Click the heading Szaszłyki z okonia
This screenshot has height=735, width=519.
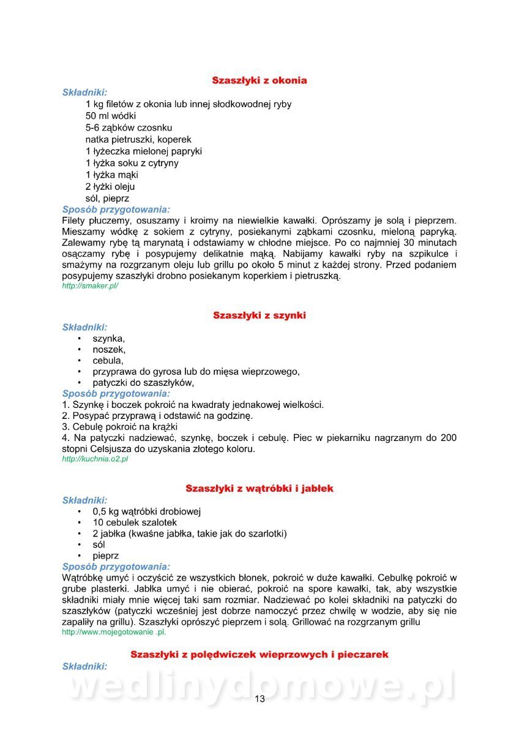(x=259, y=80)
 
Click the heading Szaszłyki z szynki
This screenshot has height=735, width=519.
(x=259, y=315)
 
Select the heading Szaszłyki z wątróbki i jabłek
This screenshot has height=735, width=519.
(x=259, y=488)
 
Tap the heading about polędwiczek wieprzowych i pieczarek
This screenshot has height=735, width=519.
(x=259, y=655)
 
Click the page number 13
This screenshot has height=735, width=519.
(x=259, y=699)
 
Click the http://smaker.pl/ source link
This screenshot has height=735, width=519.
(x=90, y=286)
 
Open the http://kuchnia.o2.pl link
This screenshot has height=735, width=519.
(x=95, y=459)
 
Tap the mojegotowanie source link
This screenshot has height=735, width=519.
(x=114, y=631)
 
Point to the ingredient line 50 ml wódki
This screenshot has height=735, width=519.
(x=111, y=116)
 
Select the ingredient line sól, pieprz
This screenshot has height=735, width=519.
(x=107, y=198)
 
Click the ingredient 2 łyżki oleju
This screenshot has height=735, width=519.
(x=110, y=186)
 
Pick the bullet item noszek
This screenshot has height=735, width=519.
(x=109, y=349)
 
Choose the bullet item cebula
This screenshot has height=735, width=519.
(x=108, y=361)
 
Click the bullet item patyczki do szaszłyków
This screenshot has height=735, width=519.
(x=143, y=383)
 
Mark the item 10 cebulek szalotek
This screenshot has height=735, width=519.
(x=135, y=522)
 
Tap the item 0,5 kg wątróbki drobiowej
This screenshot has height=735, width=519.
(x=147, y=511)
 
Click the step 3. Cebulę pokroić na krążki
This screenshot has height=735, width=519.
(x=120, y=427)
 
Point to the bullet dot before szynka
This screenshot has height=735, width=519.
(x=79, y=338)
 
